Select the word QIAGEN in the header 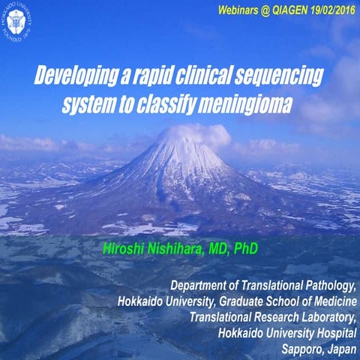pos(271,12)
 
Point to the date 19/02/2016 pos(325,12)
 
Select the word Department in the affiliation pos(201,286)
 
